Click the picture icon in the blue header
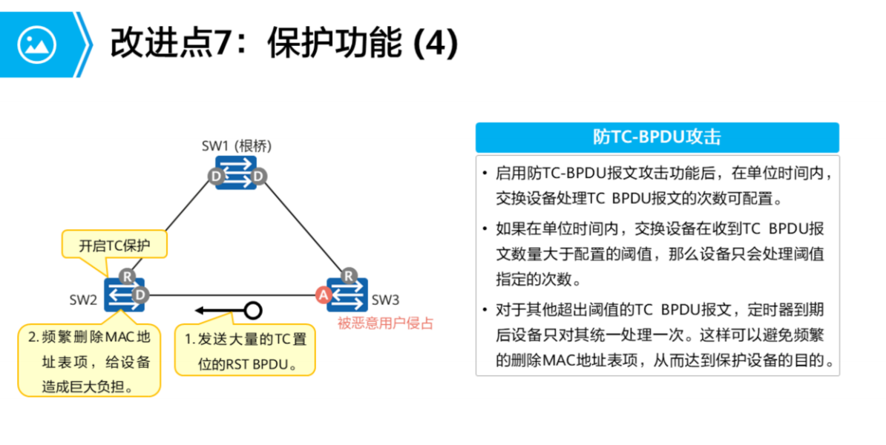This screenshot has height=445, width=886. (37, 44)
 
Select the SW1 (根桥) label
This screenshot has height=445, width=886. (232, 145)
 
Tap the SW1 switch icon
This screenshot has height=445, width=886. (236, 172)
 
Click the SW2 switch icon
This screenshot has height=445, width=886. (125, 294)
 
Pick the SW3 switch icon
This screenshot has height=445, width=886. (347, 294)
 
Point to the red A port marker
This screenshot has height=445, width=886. (323, 294)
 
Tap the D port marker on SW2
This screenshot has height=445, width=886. (139, 295)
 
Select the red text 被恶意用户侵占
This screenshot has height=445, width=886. (385, 323)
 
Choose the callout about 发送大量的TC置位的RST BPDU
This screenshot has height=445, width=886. (245, 352)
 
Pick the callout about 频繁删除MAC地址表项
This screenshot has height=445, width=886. (89, 361)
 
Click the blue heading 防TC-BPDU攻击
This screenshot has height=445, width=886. (657, 137)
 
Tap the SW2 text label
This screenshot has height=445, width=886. (83, 300)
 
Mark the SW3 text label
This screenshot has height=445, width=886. (386, 300)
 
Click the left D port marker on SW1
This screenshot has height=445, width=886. (216, 177)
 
